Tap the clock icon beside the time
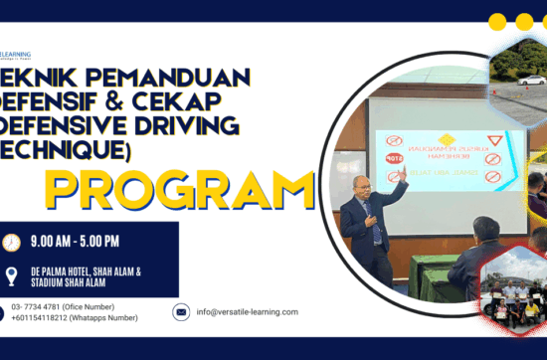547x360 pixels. [12, 243]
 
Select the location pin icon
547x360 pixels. [12, 276]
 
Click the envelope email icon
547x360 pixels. [181, 312]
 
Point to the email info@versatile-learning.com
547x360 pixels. [248, 312]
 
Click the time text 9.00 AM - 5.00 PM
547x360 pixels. [77, 241]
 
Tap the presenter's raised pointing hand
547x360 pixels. [402, 174]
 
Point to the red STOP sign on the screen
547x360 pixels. [393, 156]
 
